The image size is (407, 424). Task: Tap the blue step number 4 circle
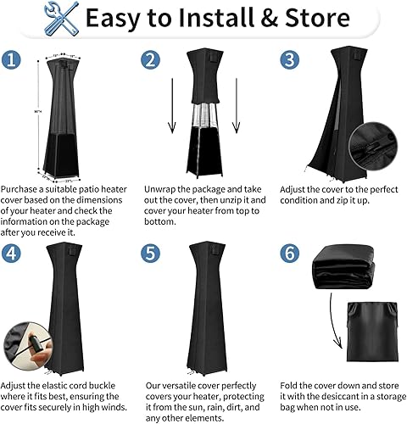tap(11, 252)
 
